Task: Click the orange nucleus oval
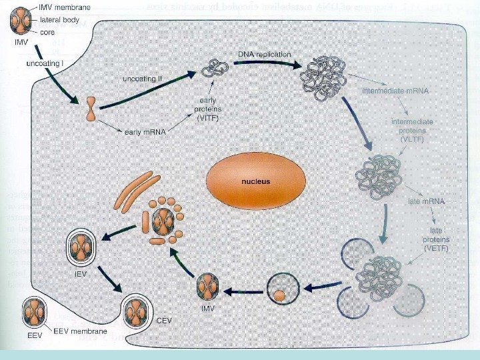tap(255, 181)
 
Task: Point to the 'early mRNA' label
tap(145, 132)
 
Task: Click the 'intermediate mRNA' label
tap(395, 89)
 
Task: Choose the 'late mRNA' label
tap(426, 200)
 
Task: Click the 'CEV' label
tap(165, 321)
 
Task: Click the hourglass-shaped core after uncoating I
tap(92, 109)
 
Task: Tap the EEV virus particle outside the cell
tap(33, 312)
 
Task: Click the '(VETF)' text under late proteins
tap(437, 248)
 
